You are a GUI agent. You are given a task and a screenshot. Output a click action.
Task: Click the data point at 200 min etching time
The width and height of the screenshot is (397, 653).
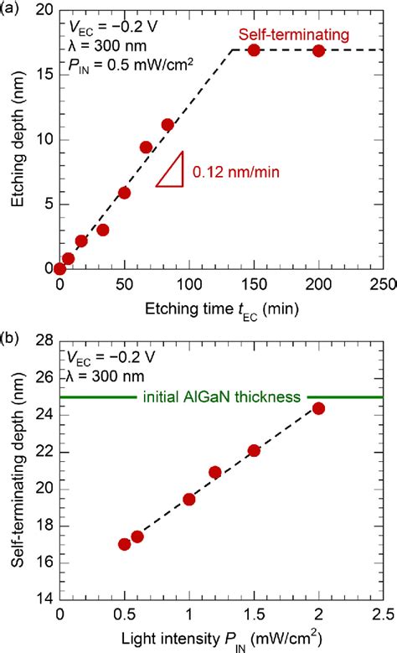point(318,51)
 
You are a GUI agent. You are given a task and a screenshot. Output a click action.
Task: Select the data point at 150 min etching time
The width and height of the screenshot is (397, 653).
point(254,50)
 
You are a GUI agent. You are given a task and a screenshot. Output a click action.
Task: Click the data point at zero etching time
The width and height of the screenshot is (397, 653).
point(59,268)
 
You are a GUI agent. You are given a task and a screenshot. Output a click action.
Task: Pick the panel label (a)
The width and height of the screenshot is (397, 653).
point(11,8)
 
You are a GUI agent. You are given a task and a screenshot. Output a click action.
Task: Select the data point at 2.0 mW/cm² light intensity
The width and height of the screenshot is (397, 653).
point(318,408)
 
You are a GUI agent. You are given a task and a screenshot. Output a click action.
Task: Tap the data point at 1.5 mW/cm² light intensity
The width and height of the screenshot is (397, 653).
point(254,451)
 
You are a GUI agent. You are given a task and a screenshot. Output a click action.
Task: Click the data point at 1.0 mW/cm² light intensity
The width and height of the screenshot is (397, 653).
point(189,499)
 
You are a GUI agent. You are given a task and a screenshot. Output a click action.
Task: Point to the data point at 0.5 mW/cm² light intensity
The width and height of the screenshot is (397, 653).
point(125,544)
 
